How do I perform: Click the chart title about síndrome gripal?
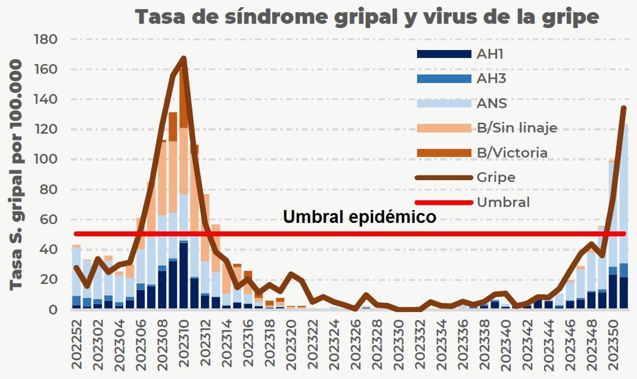pyautogui.click(x=366, y=17)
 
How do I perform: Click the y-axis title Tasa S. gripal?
pyautogui.click(x=17, y=175)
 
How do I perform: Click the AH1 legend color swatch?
pyautogui.click(x=444, y=54)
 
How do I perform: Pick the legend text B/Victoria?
pyautogui.click(x=512, y=153)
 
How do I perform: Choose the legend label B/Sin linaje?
pyautogui.click(x=517, y=128)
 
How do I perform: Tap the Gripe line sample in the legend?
pyautogui.click(x=444, y=177)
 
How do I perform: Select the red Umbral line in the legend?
pyautogui.click(x=444, y=202)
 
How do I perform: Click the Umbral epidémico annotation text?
pyautogui.click(x=359, y=217)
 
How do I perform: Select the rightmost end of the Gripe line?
pyautogui.click(x=624, y=108)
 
